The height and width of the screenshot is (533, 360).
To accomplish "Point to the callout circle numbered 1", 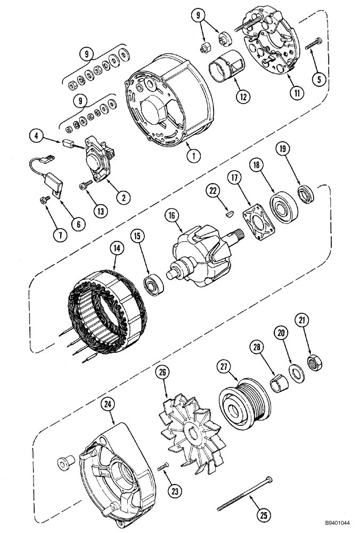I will [194, 156].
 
